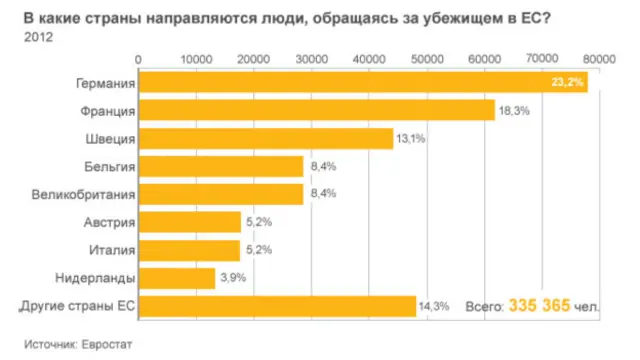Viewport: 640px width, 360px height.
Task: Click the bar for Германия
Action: click(360, 82)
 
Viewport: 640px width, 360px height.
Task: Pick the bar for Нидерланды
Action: click(176, 278)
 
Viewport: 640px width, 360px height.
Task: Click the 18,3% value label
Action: click(512, 110)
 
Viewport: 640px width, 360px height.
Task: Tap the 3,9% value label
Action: click(232, 278)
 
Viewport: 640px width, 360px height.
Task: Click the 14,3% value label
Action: click(433, 306)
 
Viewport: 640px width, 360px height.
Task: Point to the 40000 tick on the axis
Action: click(369, 60)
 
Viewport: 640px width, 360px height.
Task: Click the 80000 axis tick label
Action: click(600, 60)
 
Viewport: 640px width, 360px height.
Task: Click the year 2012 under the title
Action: click(36, 38)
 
